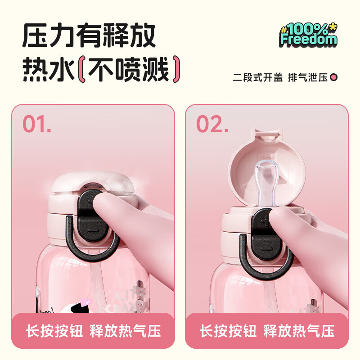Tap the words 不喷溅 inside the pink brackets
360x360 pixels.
pyautogui.click(x=129, y=70)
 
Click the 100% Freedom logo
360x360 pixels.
pyautogui.click(x=308, y=35)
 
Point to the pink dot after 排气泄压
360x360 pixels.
pyautogui.click(x=334, y=77)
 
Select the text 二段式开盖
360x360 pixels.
pyautogui.click(x=257, y=77)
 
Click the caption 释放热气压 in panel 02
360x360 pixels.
pyautogui.click(x=299, y=332)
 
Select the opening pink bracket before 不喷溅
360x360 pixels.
pyautogui.click(x=81, y=70)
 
